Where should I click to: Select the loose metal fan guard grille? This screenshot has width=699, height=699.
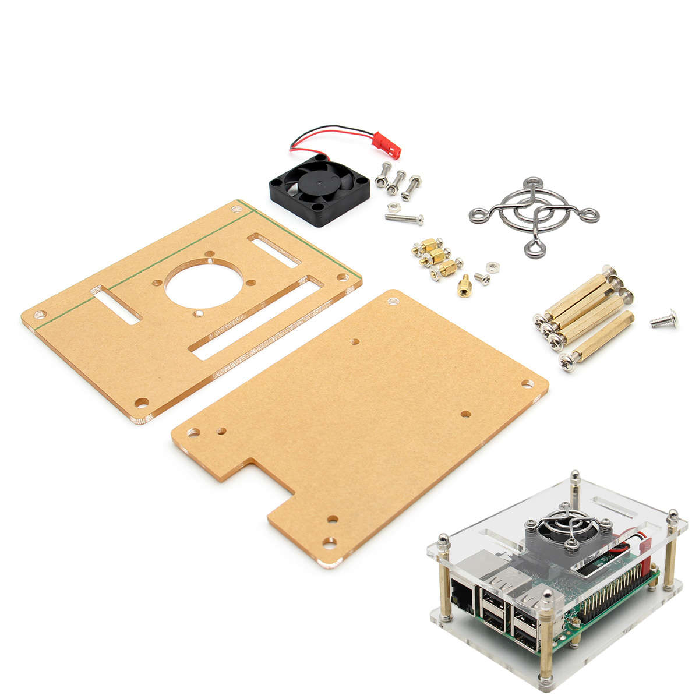534,215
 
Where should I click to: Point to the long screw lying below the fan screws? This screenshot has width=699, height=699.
404,218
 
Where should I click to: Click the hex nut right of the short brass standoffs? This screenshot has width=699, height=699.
490,266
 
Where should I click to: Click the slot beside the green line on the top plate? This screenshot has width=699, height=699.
274,250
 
